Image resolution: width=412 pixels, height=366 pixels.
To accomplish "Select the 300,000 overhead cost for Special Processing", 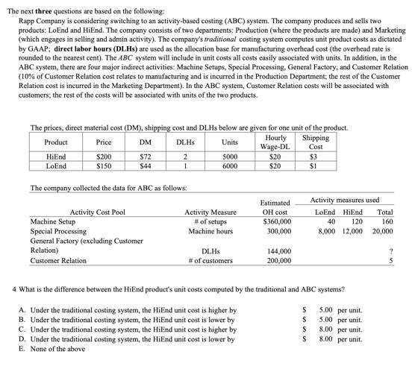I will (277, 230).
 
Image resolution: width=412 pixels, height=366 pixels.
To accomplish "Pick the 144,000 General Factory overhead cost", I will (277, 251).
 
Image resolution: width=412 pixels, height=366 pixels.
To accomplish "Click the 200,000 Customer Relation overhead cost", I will (277, 261).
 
